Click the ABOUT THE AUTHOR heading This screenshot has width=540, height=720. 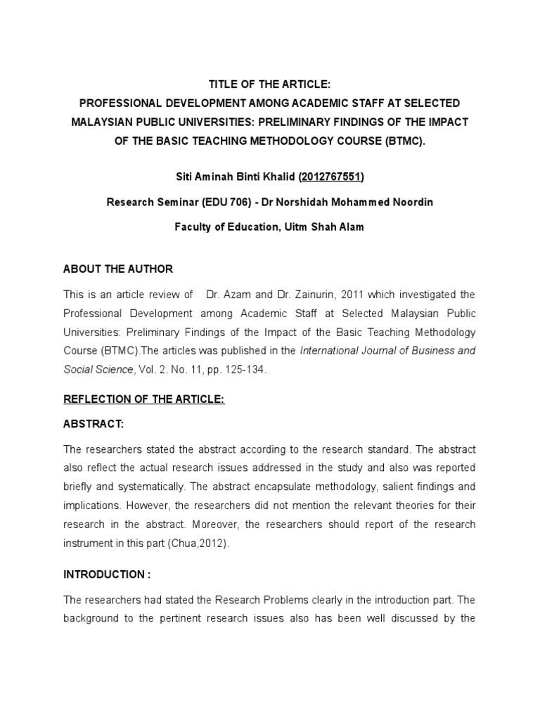(x=118, y=269)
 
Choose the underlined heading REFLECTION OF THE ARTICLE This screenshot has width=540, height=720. (x=144, y=399)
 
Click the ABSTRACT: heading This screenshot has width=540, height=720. (x=94, y=425)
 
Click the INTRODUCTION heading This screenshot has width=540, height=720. (x=107, y=574)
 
